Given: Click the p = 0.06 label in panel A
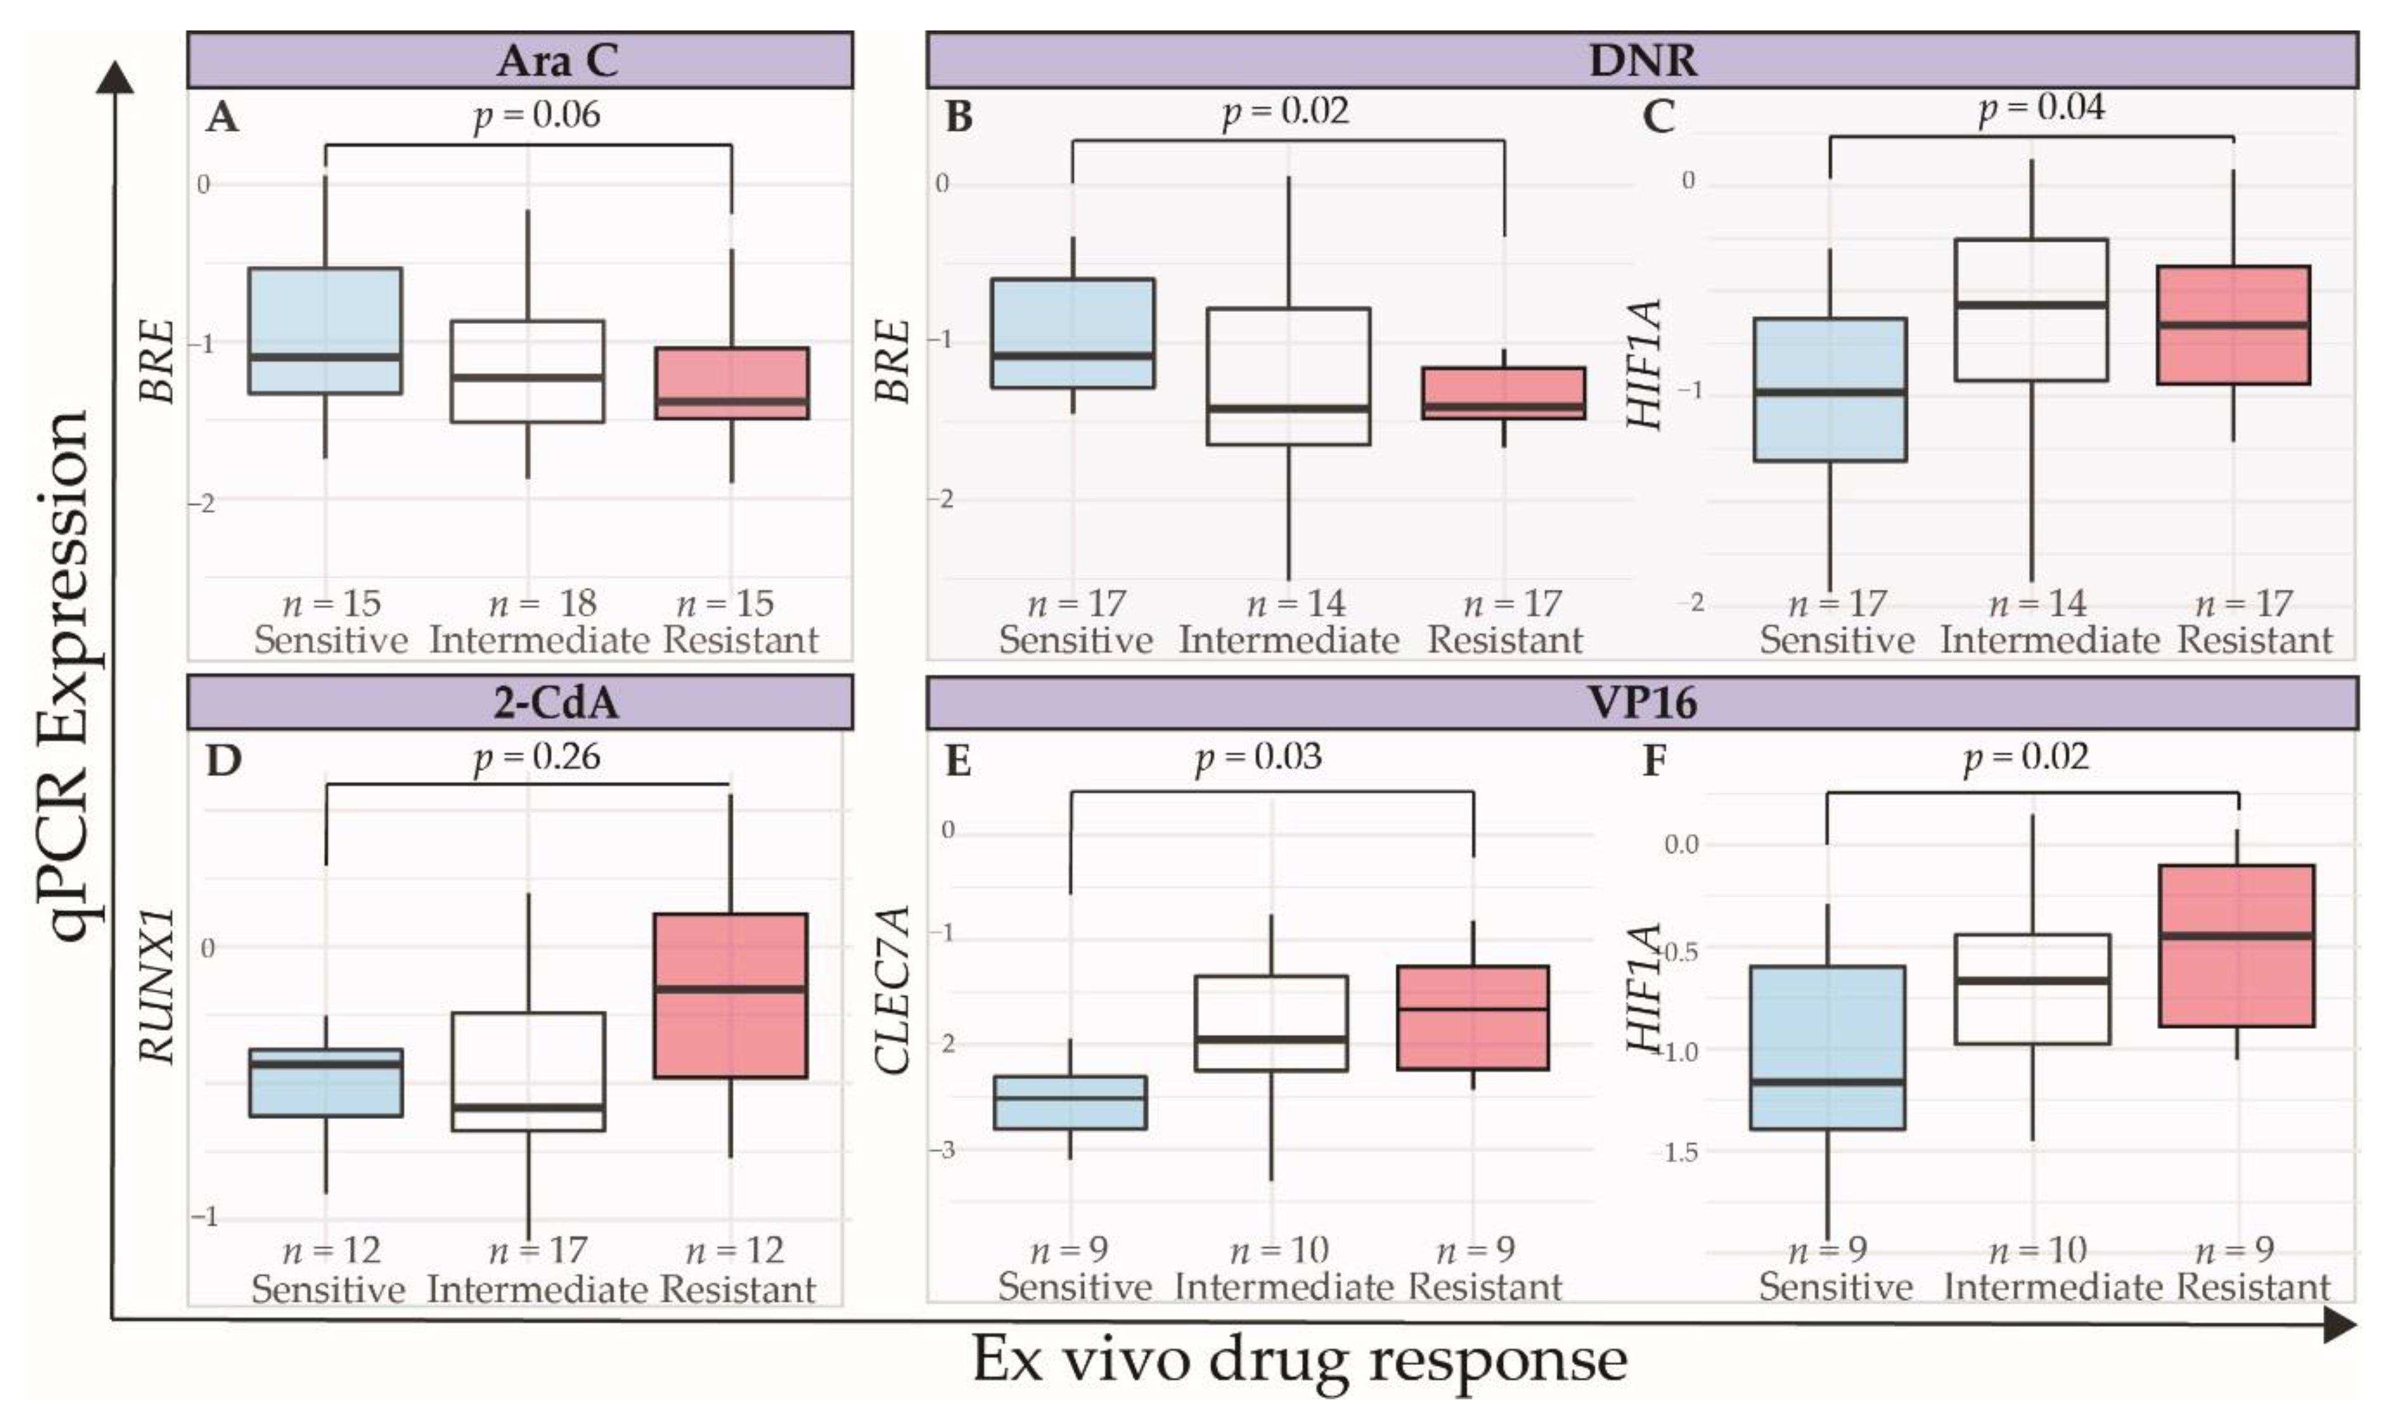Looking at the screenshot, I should (537, 115).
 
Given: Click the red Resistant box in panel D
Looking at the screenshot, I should (730, 995).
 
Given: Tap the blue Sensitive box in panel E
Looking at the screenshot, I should (1070, 1101).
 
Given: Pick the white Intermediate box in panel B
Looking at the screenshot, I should (1287, 376).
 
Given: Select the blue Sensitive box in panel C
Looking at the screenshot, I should (1830, 389).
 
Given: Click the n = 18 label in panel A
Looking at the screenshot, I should (542, 604).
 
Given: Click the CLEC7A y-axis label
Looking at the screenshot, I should (892, 989).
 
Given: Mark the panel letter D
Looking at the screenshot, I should (224, 760).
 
